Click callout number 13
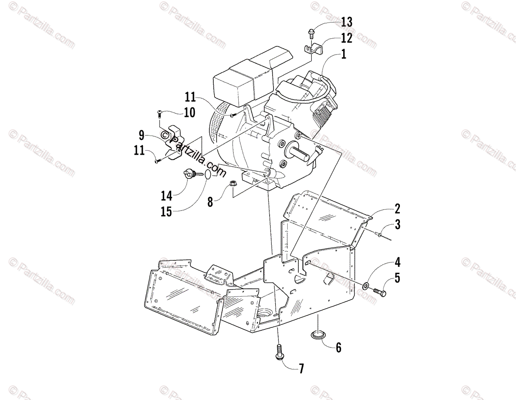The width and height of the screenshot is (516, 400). (x=346, y=22)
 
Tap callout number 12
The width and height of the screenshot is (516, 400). (x=346, y=38)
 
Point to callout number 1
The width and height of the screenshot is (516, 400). (x=343, y=55)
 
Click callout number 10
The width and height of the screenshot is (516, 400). (x=189, y=113)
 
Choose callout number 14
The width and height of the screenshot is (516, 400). (x=166, y=196)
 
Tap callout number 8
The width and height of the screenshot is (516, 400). (x=210, y=202)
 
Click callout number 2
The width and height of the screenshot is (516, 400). (x=397, y=209)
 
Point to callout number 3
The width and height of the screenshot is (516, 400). (x=397, y=225)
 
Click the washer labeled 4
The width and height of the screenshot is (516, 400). (x=365, y=285)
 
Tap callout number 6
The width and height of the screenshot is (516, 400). (x=338, y=348)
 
